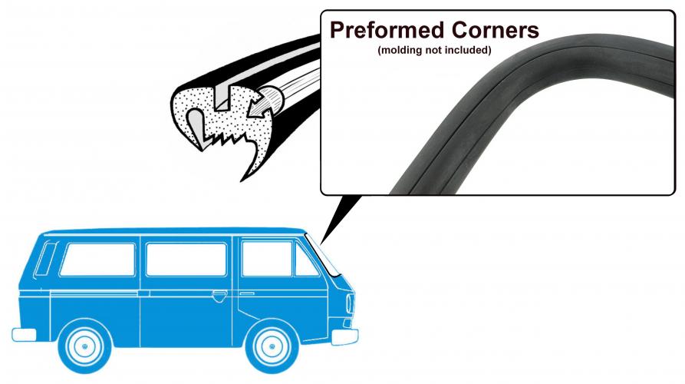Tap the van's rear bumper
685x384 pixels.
24,334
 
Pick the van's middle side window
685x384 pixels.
186,259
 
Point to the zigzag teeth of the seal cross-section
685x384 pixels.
226,139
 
